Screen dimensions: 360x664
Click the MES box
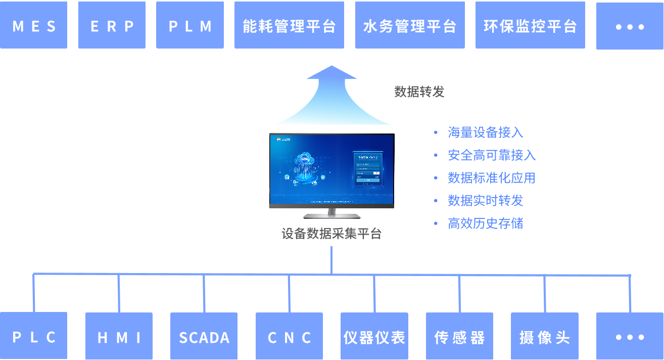[33, 25]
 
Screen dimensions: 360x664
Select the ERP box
[112, 25]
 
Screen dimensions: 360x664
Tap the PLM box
[190, 25]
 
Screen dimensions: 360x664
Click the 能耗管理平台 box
[290, 25]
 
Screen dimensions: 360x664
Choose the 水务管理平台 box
[410, 25]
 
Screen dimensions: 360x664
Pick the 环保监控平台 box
[530, 25]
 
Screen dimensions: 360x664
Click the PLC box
[33, 336]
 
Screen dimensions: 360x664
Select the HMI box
[119, 336]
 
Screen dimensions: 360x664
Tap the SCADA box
[204, 336]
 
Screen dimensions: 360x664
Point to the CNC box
[289, 336]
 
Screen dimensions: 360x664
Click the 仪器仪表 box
[374, 336]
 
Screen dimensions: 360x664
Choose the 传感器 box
[459, 336]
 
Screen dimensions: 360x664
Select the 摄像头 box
[544, 336]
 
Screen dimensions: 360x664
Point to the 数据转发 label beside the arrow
[419, 92]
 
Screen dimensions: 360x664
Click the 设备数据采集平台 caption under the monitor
[331, 234]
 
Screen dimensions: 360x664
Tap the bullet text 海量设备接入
[485, 132]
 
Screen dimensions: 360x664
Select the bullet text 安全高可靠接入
[492, 155]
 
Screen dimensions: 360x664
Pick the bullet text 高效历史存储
[485, 223]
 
